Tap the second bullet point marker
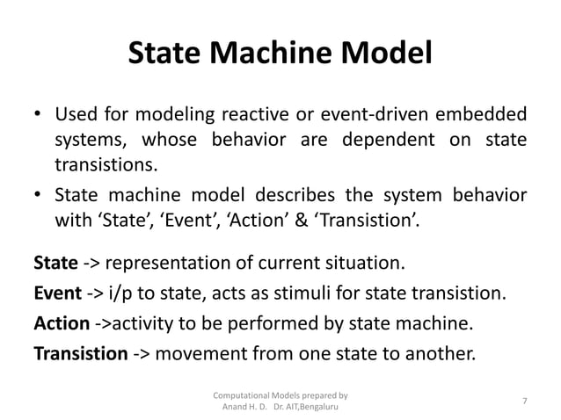(x=38, y=193)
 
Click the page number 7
(x=524, y=401)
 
